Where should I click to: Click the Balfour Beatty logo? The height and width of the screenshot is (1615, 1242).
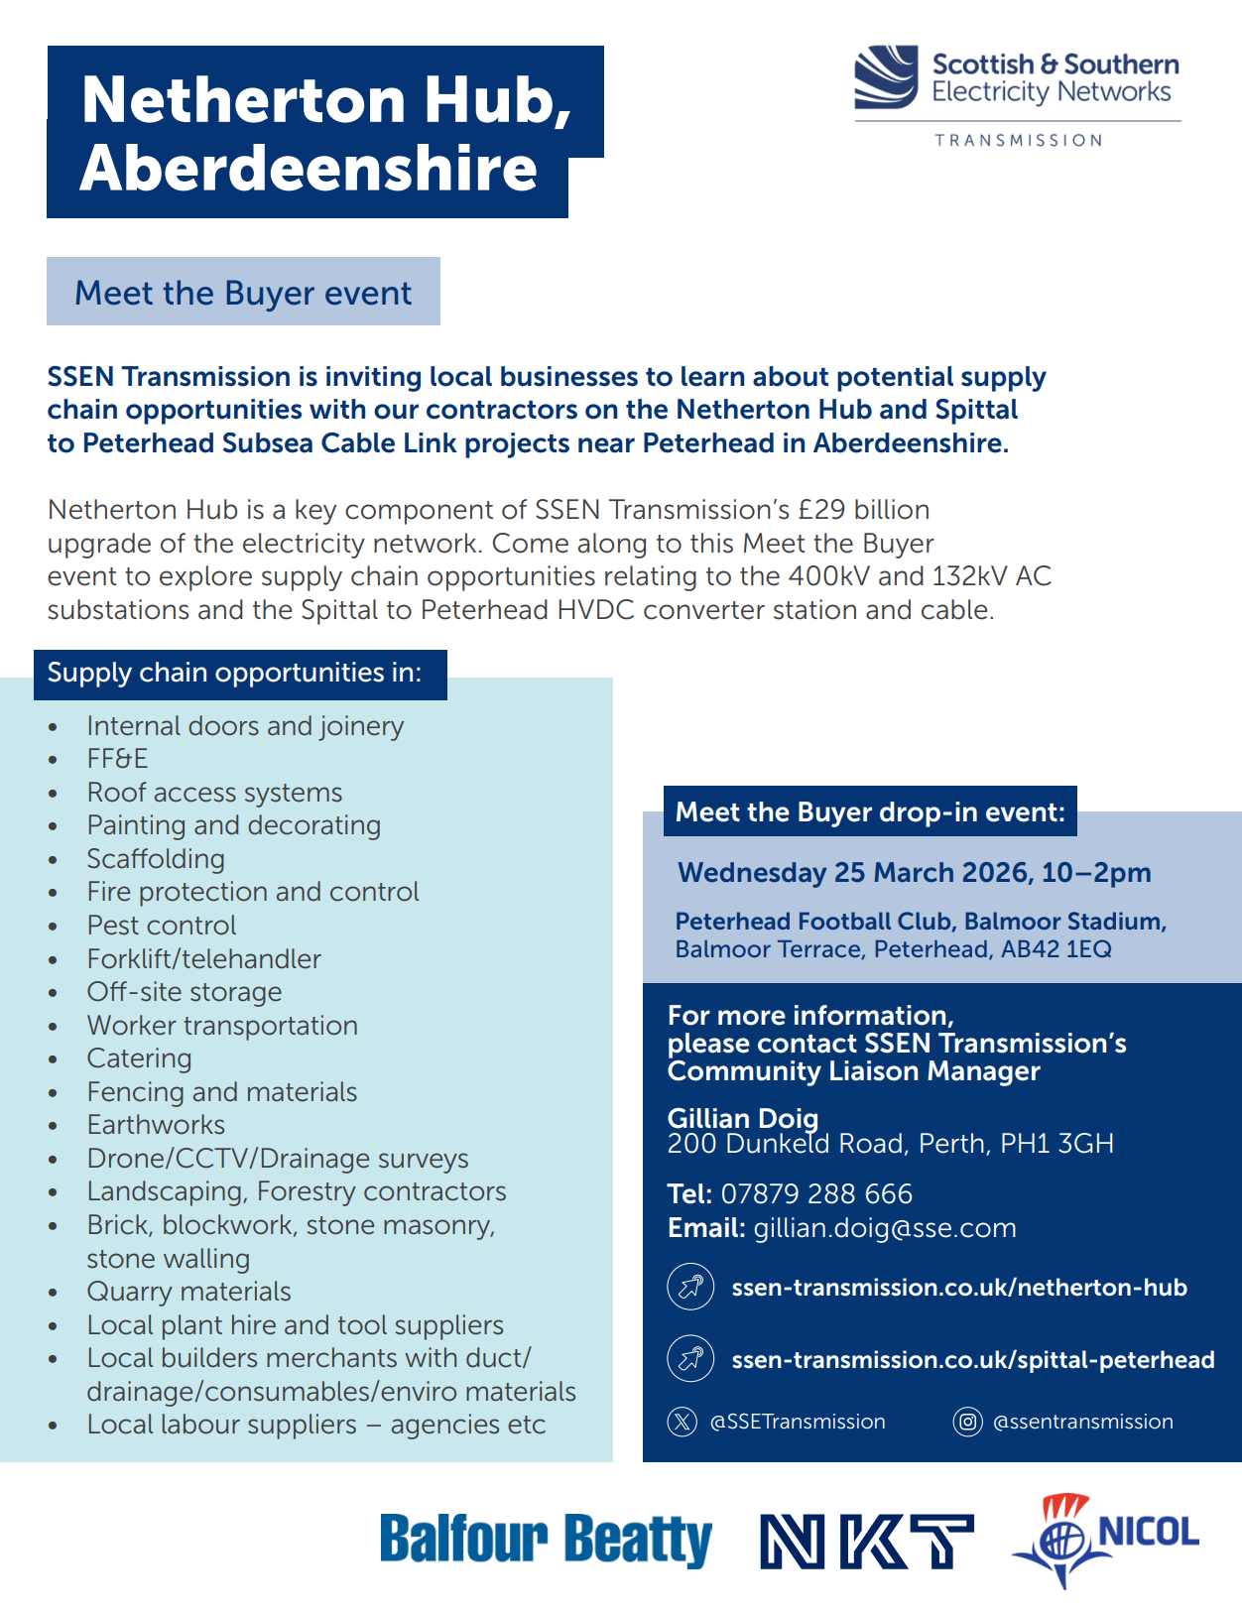546,1540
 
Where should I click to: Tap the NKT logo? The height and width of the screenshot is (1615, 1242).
866,1541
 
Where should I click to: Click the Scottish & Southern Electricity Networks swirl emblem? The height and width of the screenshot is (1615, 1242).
885,76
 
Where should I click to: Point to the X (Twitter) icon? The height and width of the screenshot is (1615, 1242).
683,1422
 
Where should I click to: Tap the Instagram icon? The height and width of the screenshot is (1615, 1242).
967,1422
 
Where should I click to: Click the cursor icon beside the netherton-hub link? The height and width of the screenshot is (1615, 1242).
690,1287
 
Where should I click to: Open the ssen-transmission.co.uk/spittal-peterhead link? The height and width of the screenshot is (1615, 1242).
972,1359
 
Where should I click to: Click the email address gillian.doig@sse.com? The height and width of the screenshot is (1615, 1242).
885,1228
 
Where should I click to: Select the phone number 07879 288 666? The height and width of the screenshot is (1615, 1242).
816,1193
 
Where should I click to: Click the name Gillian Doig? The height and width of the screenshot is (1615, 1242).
743,1118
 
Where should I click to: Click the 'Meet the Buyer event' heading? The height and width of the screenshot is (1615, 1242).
243,293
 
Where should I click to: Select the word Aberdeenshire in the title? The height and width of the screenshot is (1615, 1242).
309,169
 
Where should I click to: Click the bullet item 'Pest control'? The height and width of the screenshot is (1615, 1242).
162,926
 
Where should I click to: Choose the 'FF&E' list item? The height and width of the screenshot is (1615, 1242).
117,759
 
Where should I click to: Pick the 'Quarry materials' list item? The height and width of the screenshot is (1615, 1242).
188,1292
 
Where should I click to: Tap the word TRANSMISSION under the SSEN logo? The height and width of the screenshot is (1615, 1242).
1018,141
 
